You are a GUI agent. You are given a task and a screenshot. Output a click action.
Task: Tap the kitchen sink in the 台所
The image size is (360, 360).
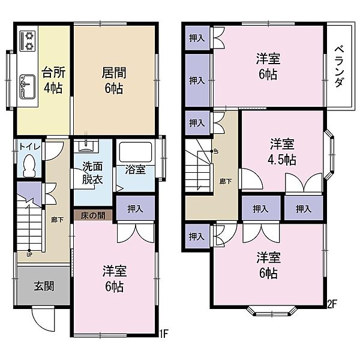click(x=28, y=87)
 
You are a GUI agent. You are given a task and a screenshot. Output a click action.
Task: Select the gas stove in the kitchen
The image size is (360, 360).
click(x=28, y=41)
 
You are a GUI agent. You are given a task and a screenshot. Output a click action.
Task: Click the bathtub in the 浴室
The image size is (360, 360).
click(x=136, y=152)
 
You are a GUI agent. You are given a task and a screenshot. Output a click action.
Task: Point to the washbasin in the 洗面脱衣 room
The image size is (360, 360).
click(x=86, y=146)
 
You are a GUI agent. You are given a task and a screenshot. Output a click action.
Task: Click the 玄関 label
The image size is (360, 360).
click(x=44, y=286)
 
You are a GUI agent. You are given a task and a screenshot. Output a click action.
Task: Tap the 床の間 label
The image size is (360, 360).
click(x=93, y=215)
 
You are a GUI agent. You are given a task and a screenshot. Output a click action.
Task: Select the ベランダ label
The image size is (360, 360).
click(x=339, y=67)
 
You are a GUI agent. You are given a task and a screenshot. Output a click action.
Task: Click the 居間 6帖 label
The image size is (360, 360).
click(x=114, y=80)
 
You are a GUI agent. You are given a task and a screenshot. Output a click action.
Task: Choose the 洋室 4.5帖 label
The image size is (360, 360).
click(x=282, y=152)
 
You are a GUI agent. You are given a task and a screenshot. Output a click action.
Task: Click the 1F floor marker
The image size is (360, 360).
click(x=164, y=334)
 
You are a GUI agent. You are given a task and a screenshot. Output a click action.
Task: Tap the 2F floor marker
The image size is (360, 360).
click(x=332, y=304)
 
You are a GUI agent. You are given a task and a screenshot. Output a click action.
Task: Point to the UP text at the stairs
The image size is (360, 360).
click(x=29, y=254)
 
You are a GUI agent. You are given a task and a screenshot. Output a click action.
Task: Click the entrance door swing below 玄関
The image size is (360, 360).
click(x=43, y=319)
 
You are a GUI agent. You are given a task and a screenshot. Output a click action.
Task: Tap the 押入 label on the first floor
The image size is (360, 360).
click(x=135, y=209)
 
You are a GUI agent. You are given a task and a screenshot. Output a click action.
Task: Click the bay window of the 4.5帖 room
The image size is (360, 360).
click(x=329, y=155)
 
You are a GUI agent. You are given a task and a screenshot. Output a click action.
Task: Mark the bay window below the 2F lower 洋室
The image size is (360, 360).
click(x=271, y=311)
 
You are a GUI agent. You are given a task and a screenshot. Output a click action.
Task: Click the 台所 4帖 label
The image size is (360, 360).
click(x=53, y=80)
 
